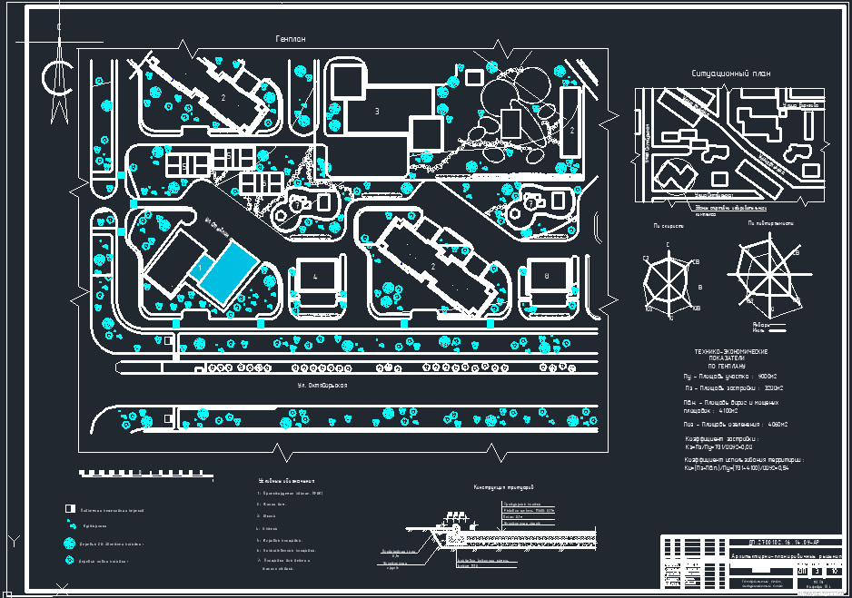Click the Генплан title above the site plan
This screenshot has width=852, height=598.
tap(291, 39)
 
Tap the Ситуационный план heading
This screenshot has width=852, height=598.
tap(730, 74)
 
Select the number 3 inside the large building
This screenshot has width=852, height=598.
tap(376, 111)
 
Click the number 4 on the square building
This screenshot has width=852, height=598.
tap(315, 276)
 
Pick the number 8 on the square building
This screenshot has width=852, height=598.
tap(547, 276)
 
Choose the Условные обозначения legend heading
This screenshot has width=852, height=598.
tap(286, 481)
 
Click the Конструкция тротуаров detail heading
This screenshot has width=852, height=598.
tap(503, 487)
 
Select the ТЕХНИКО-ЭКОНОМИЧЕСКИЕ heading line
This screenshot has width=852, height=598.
tap(731, 351)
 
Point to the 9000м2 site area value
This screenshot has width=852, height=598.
tap(768, 375)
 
